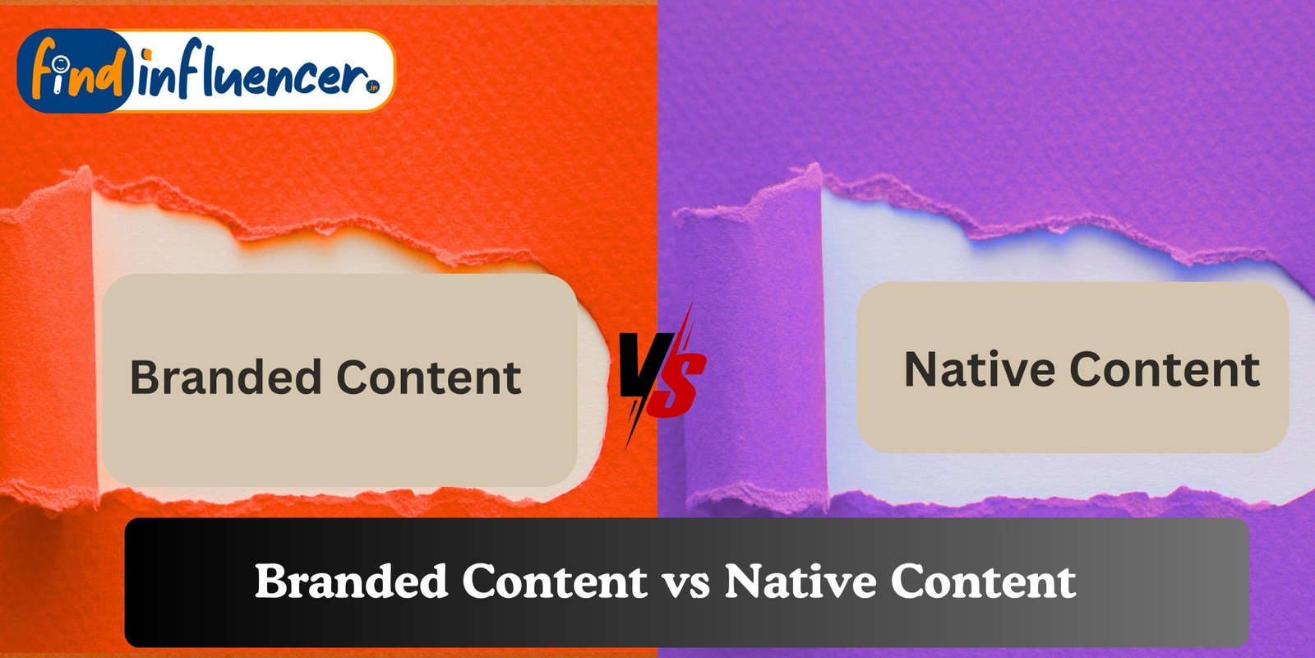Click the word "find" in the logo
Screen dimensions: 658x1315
point(74,73)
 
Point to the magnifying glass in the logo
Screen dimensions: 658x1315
point(58,63)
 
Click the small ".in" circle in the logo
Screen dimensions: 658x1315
point(374,85)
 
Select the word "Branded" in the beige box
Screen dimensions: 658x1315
point(224,378)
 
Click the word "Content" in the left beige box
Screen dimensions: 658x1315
point(428,378)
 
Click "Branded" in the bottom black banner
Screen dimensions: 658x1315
point(351,582)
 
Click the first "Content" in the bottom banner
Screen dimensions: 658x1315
point(554,582)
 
